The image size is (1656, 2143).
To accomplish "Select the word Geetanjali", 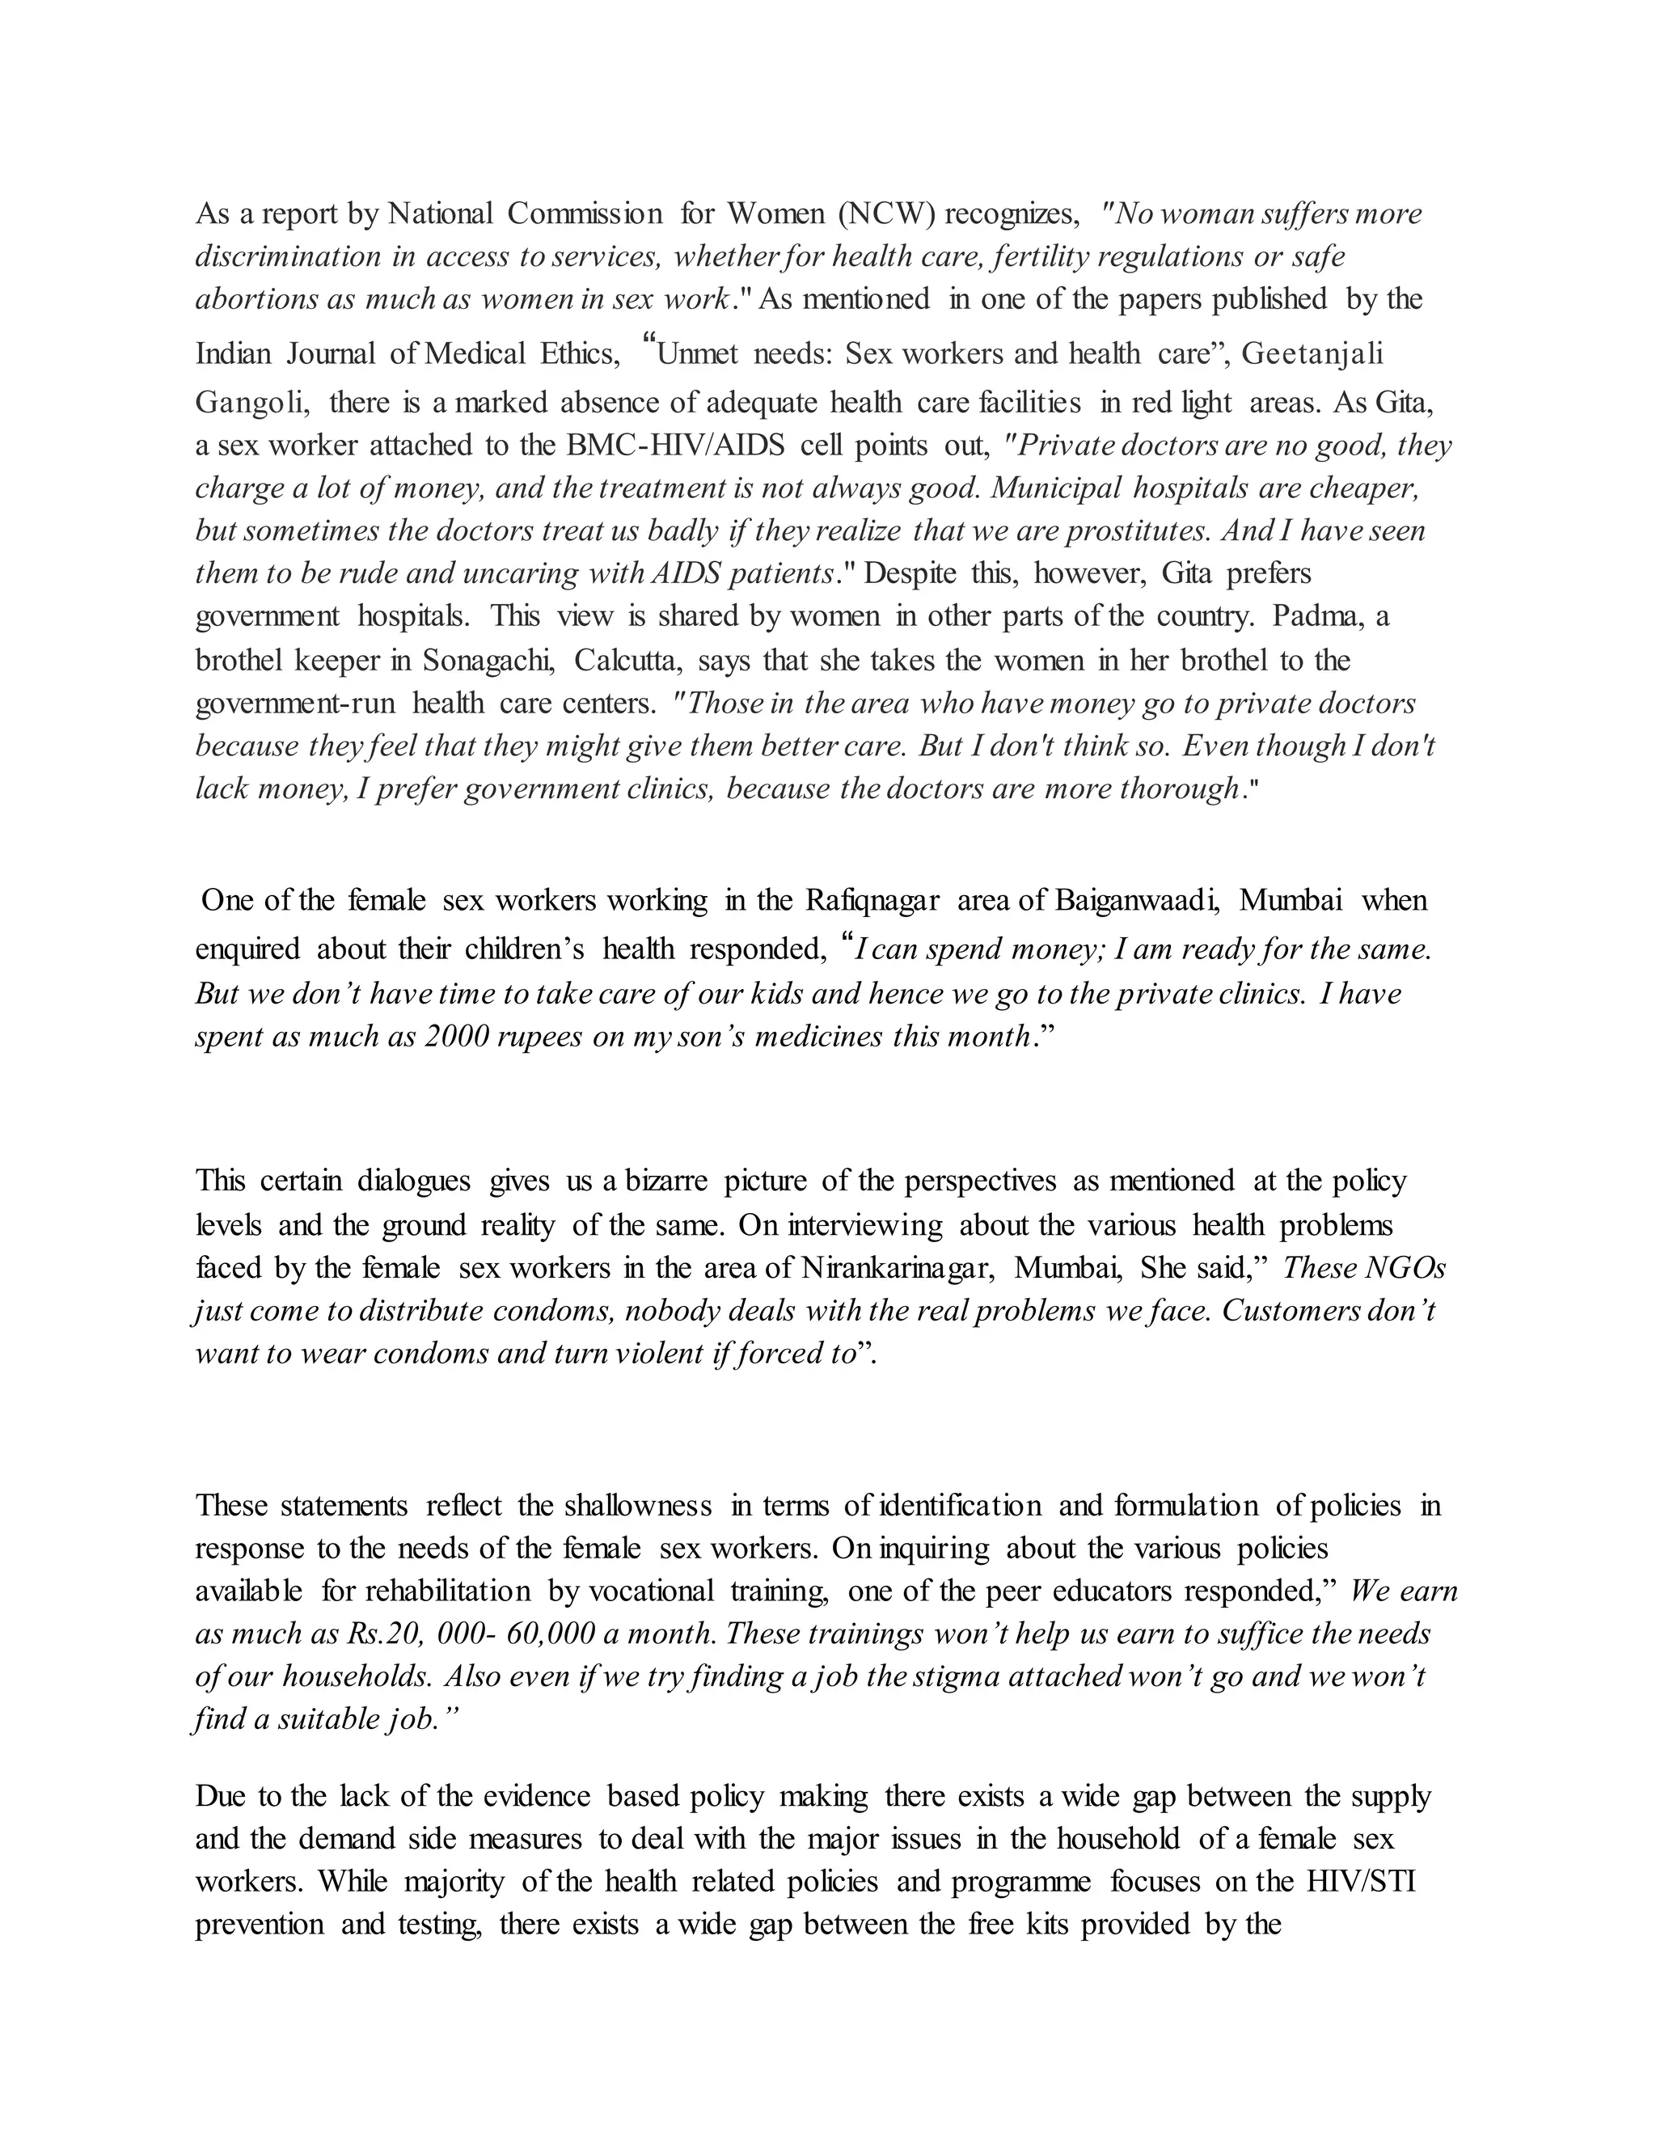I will (x=1312, y=353).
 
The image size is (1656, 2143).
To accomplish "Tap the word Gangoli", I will (x=253, y=402).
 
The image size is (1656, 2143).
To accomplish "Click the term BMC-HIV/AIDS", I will (x=675, y=446).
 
